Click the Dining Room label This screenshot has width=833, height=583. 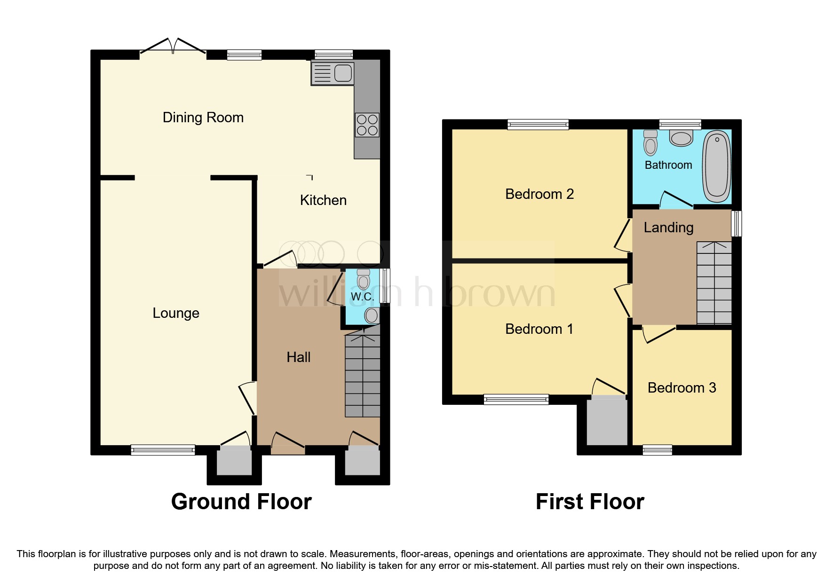[x=203, y=118]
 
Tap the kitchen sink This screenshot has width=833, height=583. [x=332, y=74]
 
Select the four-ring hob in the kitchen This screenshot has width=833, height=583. [x=367, y=125]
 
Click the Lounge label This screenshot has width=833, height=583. [x=176, y=313]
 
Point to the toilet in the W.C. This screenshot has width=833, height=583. [x=363, y=279]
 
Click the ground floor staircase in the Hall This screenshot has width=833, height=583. [x=362, y=376]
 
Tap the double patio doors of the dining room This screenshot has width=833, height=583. [x=173, y=47]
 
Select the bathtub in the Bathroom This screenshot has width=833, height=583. [x=716, y=166]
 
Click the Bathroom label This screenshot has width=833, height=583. [x=668, y=165]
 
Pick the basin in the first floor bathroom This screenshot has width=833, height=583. [x=681, y=138]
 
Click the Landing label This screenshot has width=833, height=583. [x=668, y=228]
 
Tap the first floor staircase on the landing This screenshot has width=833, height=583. [x=714, y=283]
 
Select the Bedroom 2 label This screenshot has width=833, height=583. [x=539, y=194]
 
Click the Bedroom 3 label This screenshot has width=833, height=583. [x=682, y=388]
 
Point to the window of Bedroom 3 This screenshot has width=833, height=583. [x=657, y=450]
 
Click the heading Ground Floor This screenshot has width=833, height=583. [x=241, y=502]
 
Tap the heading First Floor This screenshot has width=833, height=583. [x=590, y=502]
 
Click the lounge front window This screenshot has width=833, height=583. [x=163, y=450]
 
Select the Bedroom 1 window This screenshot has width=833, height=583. [x=516, y=400]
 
